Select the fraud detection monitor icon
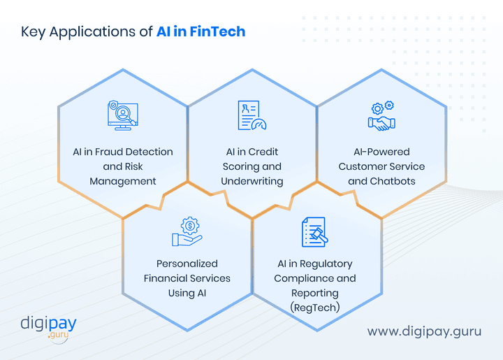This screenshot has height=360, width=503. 123,115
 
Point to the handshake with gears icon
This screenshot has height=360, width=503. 381,116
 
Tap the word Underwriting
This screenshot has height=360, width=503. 252,181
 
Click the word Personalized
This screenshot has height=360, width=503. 187,264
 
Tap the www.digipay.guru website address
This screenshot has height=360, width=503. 424,331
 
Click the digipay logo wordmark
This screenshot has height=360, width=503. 48,324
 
